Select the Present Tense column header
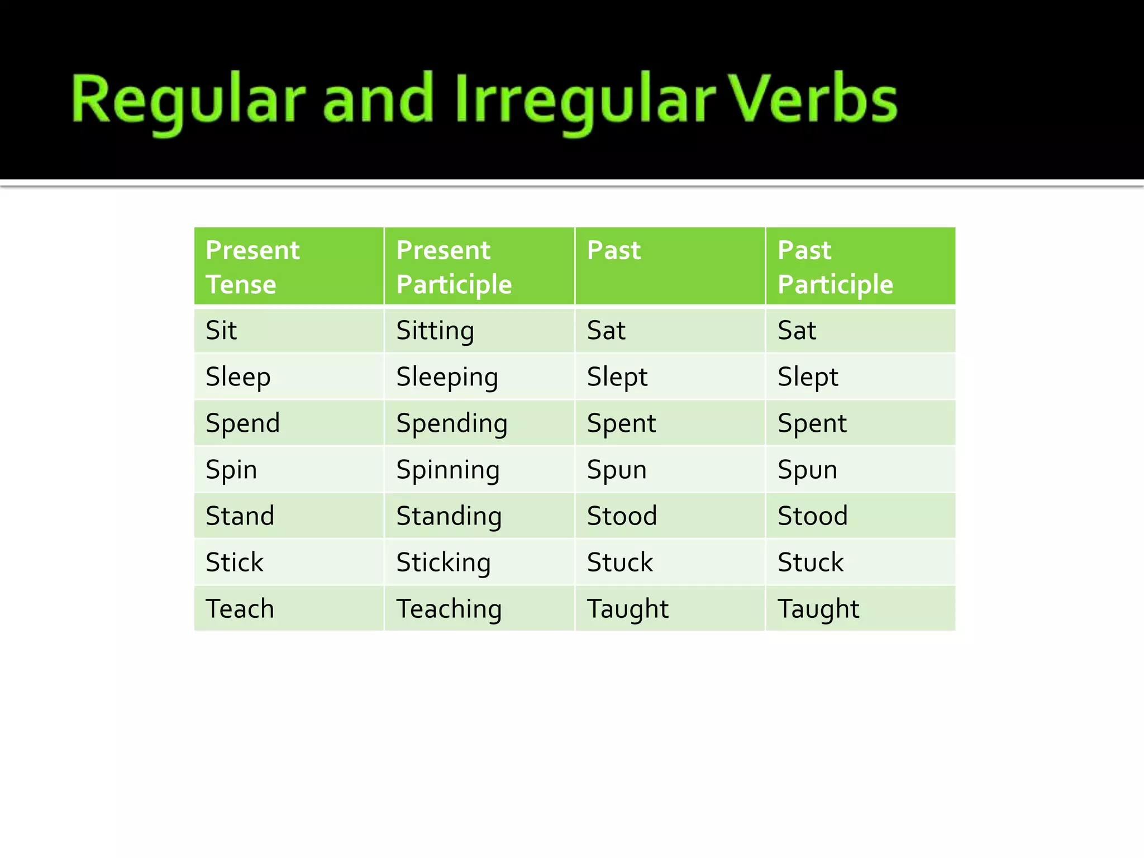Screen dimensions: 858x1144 point(252,266)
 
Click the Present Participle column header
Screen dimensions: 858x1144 point(454,266)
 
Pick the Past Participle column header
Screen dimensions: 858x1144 point(835,266)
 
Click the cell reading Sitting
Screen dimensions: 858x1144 point(435,330)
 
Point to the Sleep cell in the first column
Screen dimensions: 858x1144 point(238,376)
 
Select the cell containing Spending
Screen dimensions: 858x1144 point(452,423)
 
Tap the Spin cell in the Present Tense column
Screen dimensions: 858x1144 point(231,469)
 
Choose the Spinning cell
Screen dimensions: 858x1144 point(448,469)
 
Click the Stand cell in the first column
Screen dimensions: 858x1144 point(240,516)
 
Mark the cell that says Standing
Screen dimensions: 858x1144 point(449,516)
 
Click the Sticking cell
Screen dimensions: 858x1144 point(444,562)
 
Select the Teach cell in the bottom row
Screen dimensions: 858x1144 point(240,608)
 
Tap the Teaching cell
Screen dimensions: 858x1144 point(449,608)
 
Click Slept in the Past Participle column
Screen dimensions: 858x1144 point(808,376)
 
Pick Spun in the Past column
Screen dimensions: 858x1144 point(617,469)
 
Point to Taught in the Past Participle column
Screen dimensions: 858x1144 point(818,608)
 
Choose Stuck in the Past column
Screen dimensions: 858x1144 point(620,562)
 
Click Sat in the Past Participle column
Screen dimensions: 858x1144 point(797,330)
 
